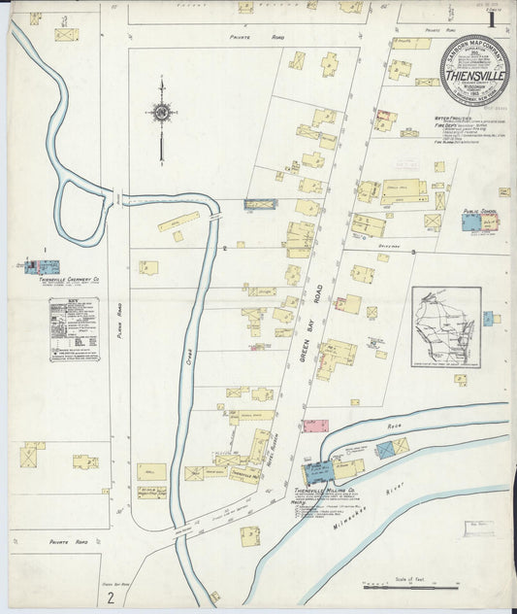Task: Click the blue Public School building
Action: [471, 222]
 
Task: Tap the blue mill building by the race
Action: [317, 473]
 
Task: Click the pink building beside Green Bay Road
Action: [315, 426]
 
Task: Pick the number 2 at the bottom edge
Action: [113, 596]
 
